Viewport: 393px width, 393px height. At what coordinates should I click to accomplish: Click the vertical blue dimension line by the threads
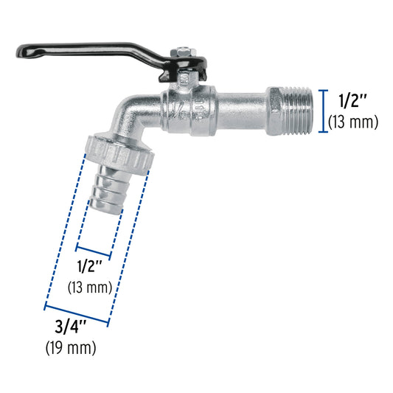[x=321, y=111]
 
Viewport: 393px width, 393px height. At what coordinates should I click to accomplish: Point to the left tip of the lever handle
[x=20, y=53]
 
